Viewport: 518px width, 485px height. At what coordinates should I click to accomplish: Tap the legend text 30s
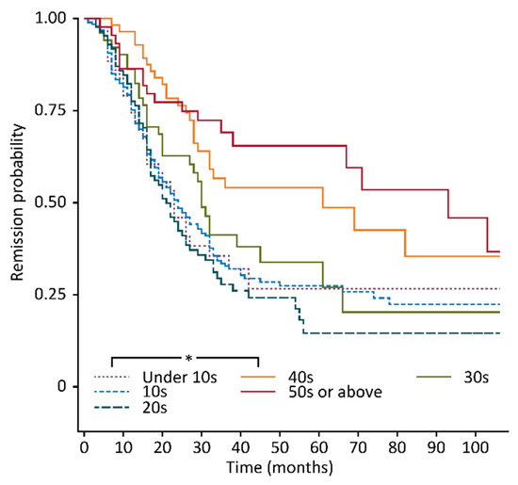(x=476, y=378)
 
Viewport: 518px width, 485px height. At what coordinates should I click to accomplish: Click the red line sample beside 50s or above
(x=261, y=393)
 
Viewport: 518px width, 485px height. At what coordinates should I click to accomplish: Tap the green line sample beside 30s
(x=433, y=378)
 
